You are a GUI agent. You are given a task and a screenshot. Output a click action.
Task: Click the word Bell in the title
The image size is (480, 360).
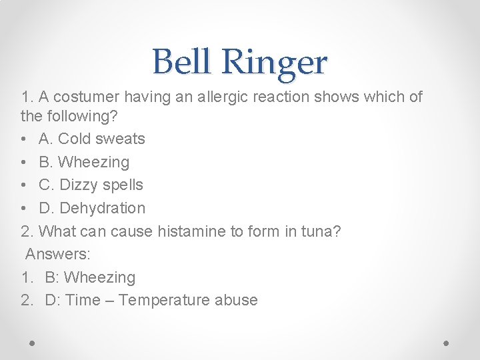[183, 62]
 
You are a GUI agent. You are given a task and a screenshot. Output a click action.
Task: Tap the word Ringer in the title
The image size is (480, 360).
[275, 63]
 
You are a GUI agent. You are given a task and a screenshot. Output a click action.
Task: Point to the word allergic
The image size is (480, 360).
[217, 97]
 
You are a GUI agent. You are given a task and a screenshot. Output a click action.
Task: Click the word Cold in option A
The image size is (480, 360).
[75, 139]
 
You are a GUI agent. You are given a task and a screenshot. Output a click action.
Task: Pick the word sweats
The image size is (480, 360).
[121, 139]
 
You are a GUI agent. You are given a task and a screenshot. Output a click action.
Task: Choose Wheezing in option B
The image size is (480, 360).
[94, 162]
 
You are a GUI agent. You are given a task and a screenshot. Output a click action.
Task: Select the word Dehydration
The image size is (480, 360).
[102, 208]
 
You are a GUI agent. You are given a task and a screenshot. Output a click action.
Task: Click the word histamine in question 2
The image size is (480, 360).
[189, 231]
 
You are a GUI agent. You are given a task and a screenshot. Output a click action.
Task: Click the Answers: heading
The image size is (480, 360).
[58, 254]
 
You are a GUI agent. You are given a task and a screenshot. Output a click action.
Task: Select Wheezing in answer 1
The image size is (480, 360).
[100, 277]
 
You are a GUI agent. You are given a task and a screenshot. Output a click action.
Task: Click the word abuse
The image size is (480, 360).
[236, 300]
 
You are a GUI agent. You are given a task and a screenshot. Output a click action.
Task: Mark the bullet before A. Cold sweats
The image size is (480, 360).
[25, 139]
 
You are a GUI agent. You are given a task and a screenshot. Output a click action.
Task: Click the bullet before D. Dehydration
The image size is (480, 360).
[25, 209]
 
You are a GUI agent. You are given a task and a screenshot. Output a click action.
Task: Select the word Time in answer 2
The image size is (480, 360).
[83, 300]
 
